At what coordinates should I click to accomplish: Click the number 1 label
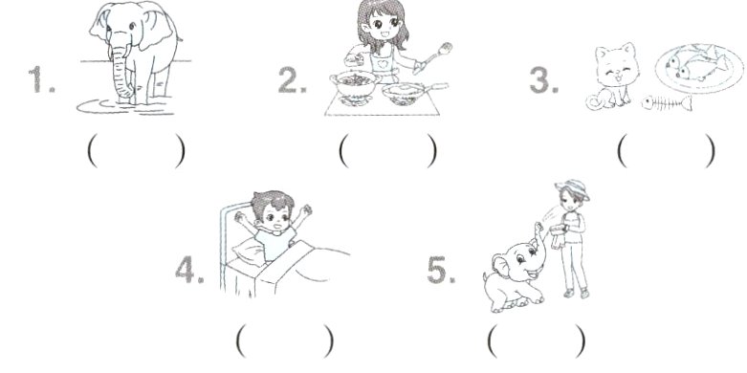[x=40, y=79]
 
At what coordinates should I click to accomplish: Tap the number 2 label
[x=292, y=79]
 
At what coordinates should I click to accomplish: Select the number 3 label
[x=543, y=79]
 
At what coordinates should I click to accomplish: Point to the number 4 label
[x=189, y=270]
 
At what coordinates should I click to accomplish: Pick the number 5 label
[x=441, y=270]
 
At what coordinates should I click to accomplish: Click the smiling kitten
[x=613, y=77]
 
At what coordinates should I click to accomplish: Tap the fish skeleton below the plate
[x=667, y=102]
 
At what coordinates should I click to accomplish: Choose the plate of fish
[x=699, y=67]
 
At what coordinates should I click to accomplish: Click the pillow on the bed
[x=251, y=251]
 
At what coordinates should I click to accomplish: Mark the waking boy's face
[x=275, y=216]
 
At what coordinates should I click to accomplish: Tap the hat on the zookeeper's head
[x=572, y=188]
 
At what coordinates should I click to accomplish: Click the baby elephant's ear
[x=501, y=268]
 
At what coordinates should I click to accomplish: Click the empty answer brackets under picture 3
[x=666, y=151]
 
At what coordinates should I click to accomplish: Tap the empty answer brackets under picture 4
[x=284, y=340]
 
